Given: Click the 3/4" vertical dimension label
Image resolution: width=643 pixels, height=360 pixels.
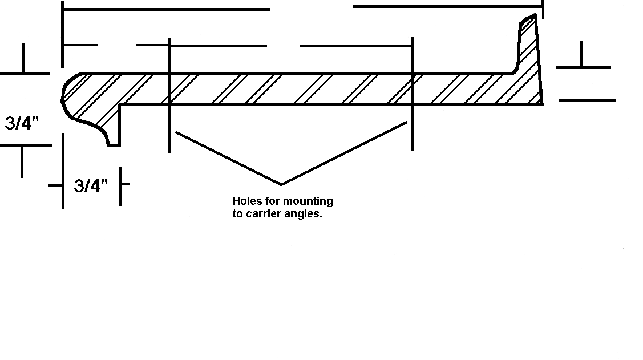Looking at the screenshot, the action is pyautogui.click(x=22, y=123).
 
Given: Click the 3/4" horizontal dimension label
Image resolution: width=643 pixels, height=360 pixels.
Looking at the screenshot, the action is pyautogui.click(x=91, y=186).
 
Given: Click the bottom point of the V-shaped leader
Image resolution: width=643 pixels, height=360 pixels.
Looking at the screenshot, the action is pyautogui.click(x=281, y=184).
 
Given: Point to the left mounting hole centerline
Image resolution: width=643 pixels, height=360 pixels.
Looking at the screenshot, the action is pyautogui.click(x=169, y=95).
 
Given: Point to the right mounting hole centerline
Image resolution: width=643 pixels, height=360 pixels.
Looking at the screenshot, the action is pyautogui.click(x=413, y=94).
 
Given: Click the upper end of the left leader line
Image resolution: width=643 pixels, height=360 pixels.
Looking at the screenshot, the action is pyautogui.click(x=176, y=132).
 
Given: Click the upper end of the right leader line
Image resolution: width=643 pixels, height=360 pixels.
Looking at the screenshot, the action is pyautogui.click(x=407, y=122).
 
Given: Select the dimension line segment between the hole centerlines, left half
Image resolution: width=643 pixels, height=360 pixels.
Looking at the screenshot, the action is pyautogui.click(x=218, y=46).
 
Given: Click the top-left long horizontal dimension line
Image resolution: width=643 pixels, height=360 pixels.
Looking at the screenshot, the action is pyautogui.click(x=166, y=9).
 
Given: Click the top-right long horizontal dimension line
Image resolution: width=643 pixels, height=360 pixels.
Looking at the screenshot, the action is pyautogui.click(x=448, y=6).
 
